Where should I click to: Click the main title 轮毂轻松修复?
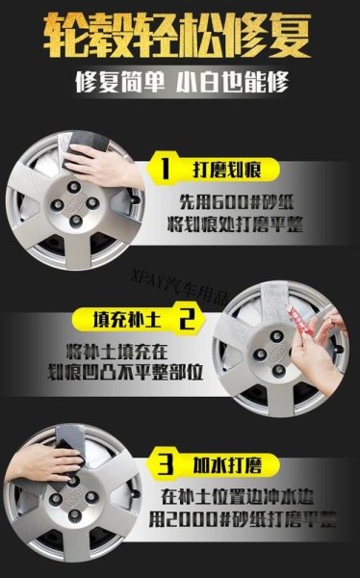(180, 34)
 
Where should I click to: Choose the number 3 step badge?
(166, 465)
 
